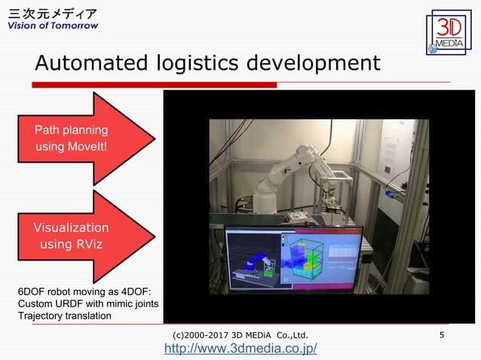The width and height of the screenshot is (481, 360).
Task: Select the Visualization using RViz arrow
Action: tap(83, 236)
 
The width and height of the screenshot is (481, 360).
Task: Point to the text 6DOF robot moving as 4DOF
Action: tap(84, 291)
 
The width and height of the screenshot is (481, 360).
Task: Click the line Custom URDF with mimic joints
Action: tap(87, 303)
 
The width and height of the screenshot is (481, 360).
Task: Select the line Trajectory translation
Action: tap(64, 315)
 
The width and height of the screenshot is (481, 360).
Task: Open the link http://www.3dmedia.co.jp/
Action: tap(240, 348)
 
